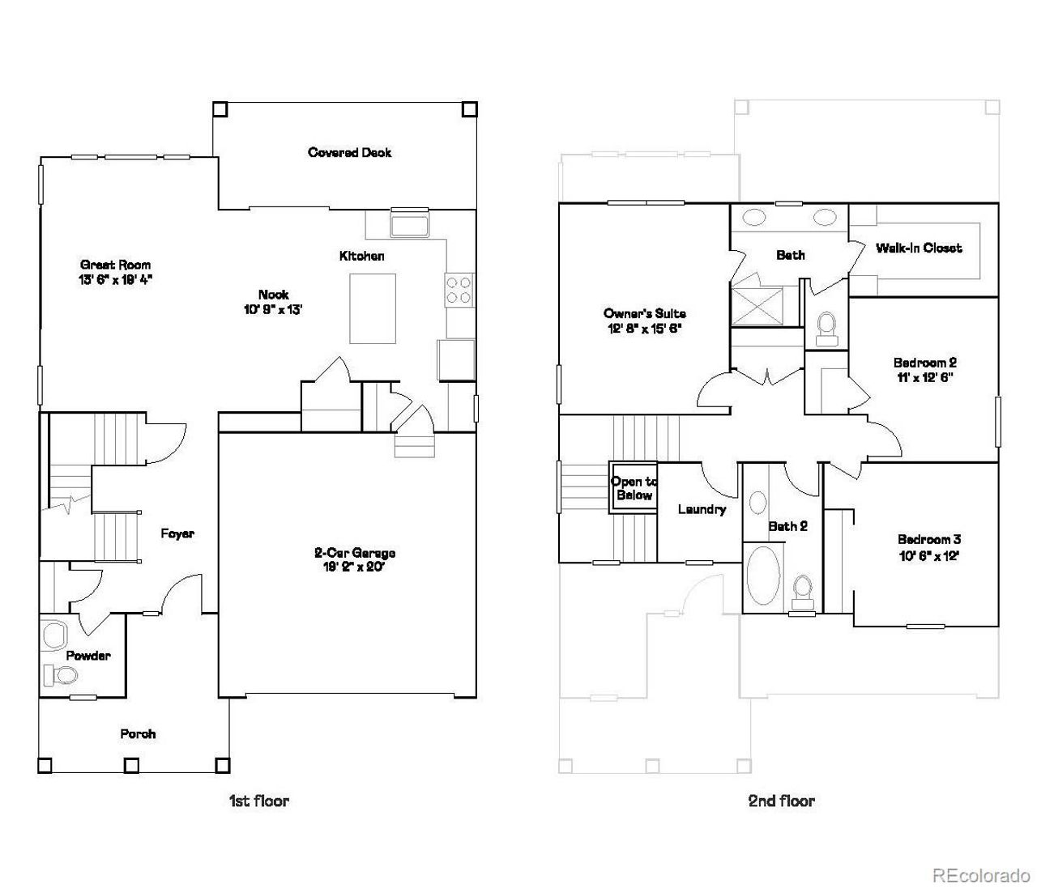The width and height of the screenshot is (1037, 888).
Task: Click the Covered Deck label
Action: tap(349, 152)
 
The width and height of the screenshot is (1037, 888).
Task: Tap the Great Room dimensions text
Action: tap(115, 279)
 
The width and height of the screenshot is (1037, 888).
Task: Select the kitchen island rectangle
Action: tap(373, 308)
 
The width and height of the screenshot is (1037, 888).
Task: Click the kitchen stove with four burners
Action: tap(459, 290)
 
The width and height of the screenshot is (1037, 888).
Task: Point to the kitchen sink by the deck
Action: tap(410, 223)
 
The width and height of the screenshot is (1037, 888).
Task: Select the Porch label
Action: tap(138, 733)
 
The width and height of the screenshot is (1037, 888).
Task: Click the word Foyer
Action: tap(177, 533)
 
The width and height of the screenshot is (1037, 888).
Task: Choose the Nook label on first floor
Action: tap(273, 295)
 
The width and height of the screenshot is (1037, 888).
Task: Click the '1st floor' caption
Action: tap(258, 801)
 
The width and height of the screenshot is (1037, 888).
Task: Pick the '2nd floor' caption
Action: tap(781, 801)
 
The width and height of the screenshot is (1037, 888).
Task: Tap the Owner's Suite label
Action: tap(644, 313)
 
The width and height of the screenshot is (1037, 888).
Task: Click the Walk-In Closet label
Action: tap(919, 248)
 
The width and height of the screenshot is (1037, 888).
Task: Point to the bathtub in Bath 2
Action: tap(762, 576)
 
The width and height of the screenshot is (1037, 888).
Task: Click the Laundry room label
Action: tap(702, 509)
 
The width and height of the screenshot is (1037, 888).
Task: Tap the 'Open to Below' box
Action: tap(634, 488)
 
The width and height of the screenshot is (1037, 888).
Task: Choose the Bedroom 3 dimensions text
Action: tap(928, 555)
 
